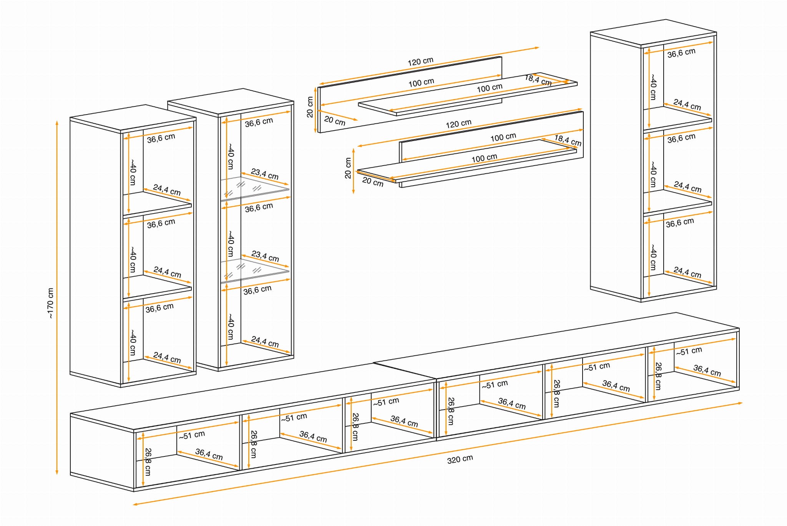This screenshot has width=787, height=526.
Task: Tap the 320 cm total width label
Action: (460, 459)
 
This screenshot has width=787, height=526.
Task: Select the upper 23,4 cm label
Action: (264, 174)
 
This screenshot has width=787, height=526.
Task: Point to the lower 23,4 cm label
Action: (265, 256)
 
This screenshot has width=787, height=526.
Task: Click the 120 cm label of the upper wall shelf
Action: (420, 61)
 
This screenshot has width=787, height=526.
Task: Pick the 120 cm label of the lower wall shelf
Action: (458, 124)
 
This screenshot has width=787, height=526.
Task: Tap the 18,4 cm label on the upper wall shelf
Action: (538, 80)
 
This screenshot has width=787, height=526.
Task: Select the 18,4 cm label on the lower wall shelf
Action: (568, 140)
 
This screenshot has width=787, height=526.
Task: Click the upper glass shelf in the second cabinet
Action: (254, 188)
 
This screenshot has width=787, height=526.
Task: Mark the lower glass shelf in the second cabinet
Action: (254, 270)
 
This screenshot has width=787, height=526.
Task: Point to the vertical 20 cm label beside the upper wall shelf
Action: (310, 107)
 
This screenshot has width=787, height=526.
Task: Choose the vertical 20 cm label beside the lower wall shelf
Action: (348, 168)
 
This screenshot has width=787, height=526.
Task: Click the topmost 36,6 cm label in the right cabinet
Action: (681, 53)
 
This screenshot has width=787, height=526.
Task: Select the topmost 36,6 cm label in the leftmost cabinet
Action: (161, 138)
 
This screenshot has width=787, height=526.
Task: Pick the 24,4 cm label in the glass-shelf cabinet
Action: (265, 342)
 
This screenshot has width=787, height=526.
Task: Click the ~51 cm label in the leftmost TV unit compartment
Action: (192, 435)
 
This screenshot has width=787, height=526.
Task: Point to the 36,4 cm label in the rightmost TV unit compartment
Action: (707, 370)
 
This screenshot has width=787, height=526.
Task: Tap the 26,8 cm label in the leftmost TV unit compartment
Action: (148, 461)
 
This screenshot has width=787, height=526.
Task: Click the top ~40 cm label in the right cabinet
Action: (653, 87)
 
